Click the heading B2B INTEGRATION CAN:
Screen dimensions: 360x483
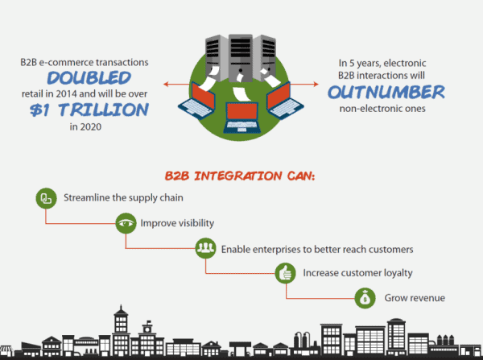coord(242,174)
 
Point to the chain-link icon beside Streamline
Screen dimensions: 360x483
coord(45,197)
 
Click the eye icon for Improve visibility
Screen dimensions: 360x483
coord(125,223)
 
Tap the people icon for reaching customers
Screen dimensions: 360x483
coord(204,248)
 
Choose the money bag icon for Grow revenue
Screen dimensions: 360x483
coord(365,298)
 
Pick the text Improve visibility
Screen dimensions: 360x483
coord(179,223)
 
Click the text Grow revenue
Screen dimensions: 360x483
coord(415,298)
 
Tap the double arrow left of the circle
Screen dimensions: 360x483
coord(175,83)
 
